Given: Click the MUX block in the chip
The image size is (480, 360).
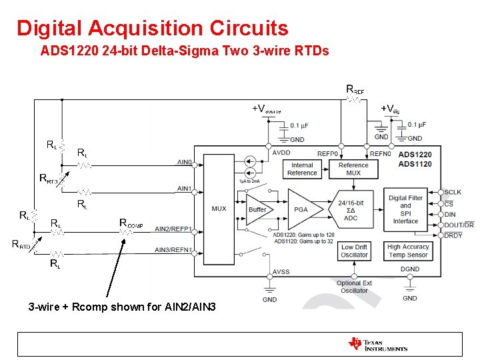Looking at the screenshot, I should coord(219,208).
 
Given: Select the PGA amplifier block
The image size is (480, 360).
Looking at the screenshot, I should coord(301,209).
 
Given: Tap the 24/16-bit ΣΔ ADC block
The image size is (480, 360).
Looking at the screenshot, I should coord(351,210).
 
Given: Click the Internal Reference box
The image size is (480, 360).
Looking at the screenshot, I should coord(302,169).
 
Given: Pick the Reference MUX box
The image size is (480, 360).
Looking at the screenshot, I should coord(353,169).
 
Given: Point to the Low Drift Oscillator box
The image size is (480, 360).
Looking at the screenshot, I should coord(354,251).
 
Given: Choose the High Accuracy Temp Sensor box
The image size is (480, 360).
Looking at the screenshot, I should coord(408,251).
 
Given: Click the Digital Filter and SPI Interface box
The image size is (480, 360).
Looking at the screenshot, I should coord(405,209).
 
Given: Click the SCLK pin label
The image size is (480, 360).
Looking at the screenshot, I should coord(453,192).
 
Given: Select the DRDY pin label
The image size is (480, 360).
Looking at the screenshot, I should coord(453,235).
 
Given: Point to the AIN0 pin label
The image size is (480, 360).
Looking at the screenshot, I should coord(185,162).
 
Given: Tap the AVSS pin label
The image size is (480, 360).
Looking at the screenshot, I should coord(281,272).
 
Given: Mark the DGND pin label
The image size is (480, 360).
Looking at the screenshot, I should coord(410,269).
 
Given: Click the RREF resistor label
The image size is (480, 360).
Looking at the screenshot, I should coord(355,89).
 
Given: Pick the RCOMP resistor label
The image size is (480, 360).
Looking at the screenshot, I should coord(131,223).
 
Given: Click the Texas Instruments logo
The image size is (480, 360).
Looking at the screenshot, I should coord(377,344).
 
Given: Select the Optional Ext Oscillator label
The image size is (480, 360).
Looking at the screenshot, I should coord(354,287).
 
